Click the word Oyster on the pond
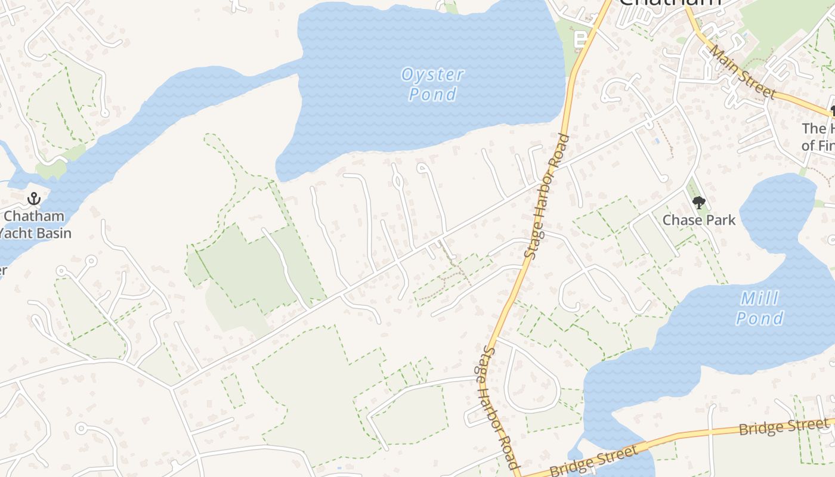[432, 75]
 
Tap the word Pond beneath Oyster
[432, 94]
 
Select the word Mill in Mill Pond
[759, 298]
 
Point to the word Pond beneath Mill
[759, 318]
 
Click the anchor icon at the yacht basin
[34, 199]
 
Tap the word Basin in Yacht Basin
[52, 233]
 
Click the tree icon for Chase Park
[698, 203]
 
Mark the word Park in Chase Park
[722, 220]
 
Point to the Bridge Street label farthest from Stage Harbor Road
[783, 427]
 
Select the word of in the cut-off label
[808, 145]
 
